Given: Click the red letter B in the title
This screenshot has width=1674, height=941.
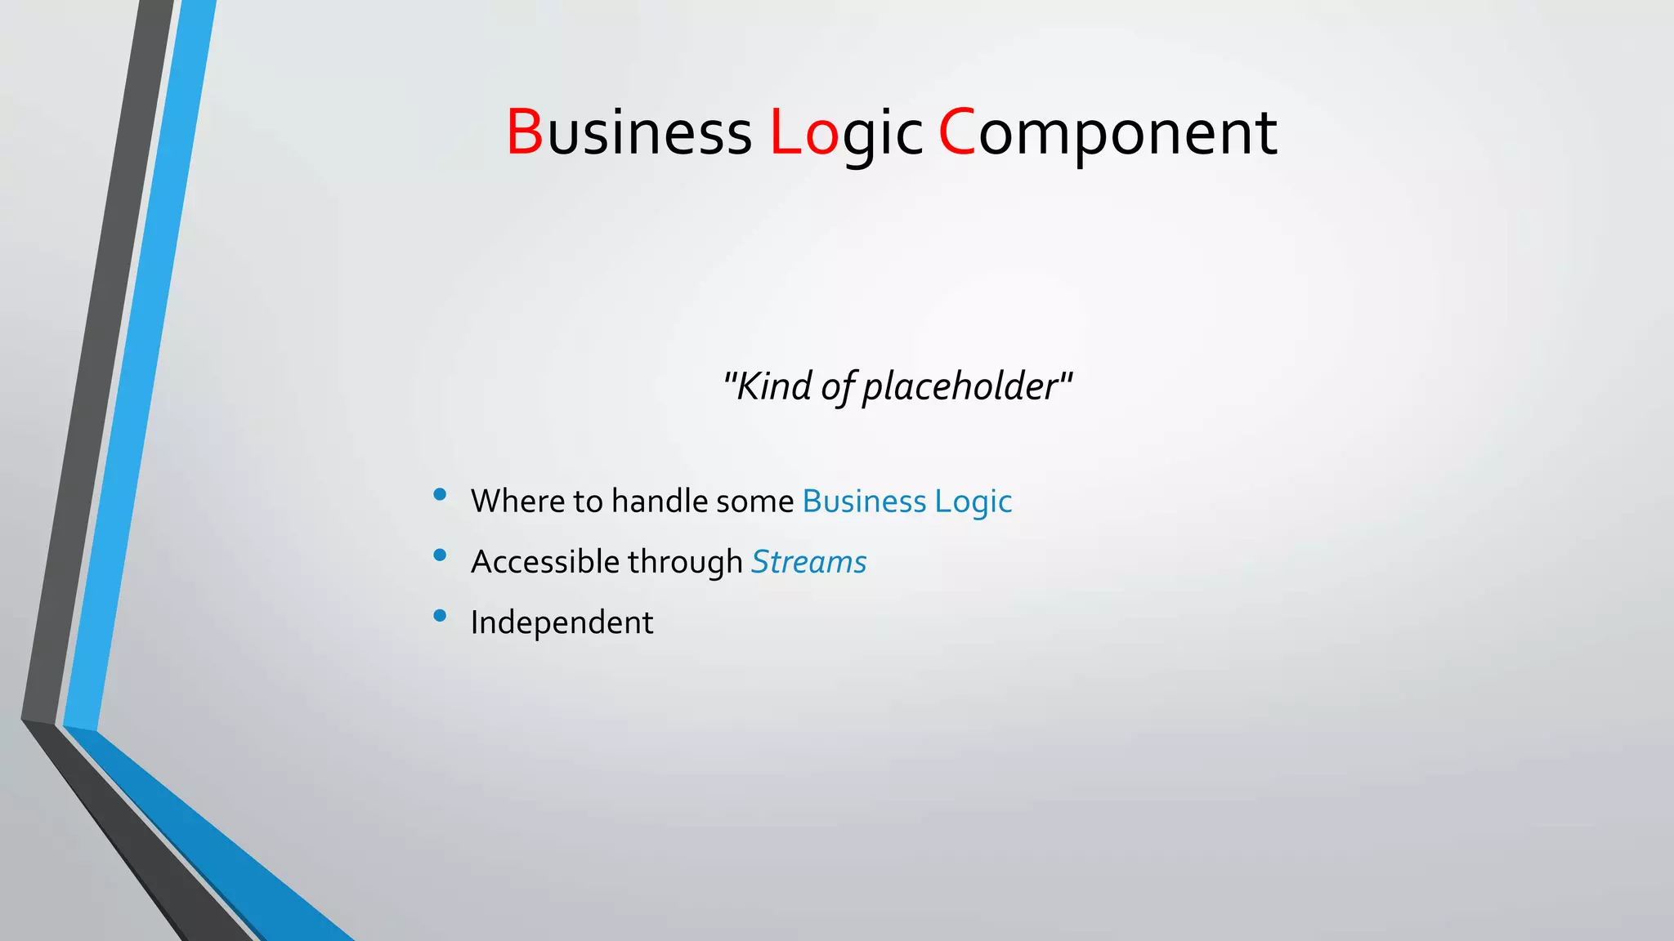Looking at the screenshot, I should (525, 132).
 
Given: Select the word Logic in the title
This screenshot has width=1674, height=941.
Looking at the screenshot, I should (847, 132).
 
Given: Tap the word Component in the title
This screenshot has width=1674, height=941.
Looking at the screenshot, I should (1108, 132).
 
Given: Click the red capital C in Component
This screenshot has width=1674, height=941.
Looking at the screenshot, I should (957, 132).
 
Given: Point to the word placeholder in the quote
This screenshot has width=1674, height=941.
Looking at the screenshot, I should (960, 386).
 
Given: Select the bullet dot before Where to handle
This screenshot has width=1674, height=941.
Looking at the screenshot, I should (440, 494).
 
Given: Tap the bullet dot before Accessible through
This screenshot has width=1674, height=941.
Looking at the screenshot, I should (440, 555).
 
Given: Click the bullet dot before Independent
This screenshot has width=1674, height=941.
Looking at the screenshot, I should (440, 616).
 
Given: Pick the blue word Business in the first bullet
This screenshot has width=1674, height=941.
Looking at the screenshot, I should (864, 501).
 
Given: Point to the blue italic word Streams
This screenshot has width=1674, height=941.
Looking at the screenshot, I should (808, 562).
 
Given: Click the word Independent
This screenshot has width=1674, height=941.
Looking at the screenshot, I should (562, 622).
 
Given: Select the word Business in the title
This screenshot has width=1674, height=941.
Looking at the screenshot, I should (629, 132).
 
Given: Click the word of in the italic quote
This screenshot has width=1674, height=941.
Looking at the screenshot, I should (838, 386).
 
